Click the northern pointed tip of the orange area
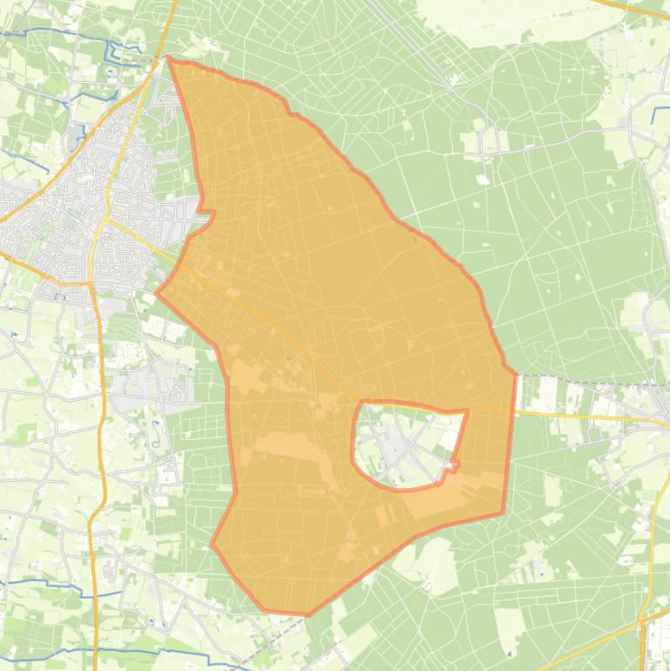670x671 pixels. [x=168, y=59]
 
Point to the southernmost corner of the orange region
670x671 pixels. [x=307, y=614]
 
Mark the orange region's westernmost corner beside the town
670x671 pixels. [x=157, y=293]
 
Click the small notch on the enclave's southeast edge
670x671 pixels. [x=450, y=468]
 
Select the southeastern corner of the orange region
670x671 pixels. [x=504, y=512]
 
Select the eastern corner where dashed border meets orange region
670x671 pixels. [x=517, y=376]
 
